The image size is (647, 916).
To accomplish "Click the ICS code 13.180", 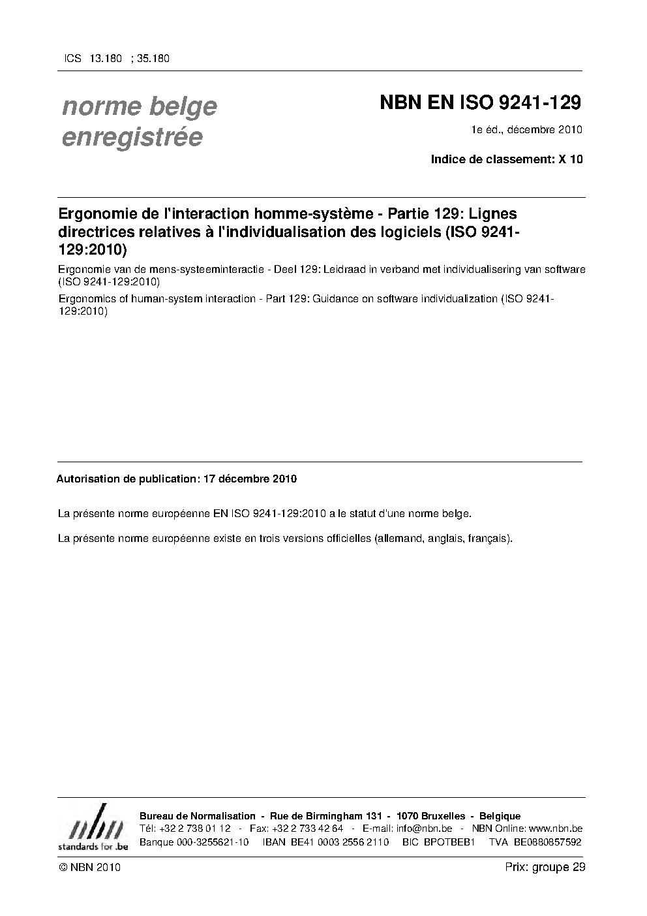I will pyautogui.click(x=106, y=58).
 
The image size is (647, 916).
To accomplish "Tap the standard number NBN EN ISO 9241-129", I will pyautogui.click(x=480, y=103).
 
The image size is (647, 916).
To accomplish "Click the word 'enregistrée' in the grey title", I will pyautogui.click(x=132, y=138).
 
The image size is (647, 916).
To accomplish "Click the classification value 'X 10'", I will pyautogui.click(x=571, y=159).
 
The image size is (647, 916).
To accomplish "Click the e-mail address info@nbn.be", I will pyautogui.click(x=424, y=829).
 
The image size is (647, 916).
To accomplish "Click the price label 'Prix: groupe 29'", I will pyautogui.click(x=545, y=867).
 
